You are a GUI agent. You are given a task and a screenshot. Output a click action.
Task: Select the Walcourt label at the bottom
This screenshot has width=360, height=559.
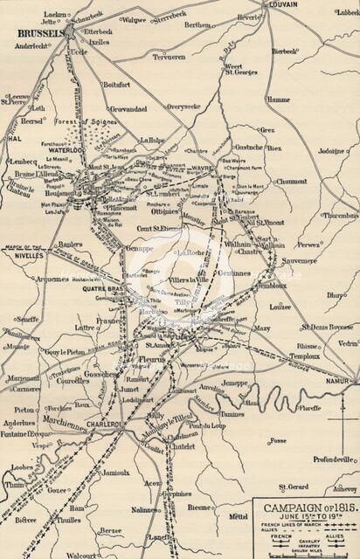coord(81,553)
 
